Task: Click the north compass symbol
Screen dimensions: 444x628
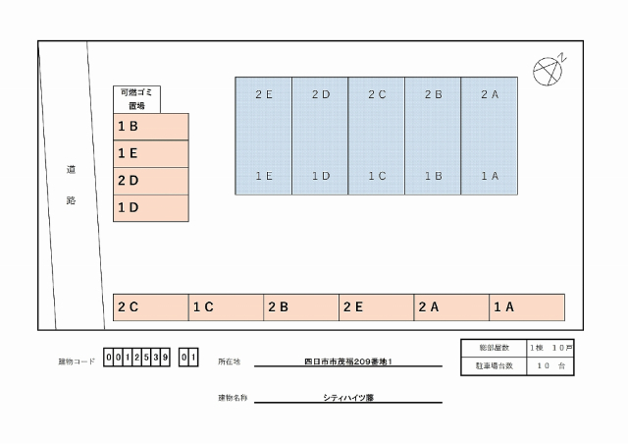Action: point(546,70)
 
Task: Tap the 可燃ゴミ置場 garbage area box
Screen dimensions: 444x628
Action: point(136,99)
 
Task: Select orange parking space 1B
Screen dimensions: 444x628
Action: point(151,127)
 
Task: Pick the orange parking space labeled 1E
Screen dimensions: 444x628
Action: point(151,154)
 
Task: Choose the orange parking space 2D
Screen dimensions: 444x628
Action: point(151,181)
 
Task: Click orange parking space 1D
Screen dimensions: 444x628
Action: point(151,208)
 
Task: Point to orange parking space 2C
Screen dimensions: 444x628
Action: point(151,307)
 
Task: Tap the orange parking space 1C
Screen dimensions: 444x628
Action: point(226,307)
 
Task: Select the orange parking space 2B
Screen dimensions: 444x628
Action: point(301,307)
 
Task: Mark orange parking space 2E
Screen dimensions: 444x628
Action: point(377,307)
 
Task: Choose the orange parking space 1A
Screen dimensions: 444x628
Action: point(527,307)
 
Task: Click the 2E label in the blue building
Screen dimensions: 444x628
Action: point(264,94)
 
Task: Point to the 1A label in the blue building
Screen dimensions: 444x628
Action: point(491,176)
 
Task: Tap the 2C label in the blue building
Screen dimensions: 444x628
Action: point(377,94)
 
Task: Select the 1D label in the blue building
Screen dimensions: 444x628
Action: point(321,176)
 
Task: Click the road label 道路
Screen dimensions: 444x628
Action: point(72,183)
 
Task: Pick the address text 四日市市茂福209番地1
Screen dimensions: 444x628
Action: point(347,361)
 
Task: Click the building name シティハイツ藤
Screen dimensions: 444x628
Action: point(347,398)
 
